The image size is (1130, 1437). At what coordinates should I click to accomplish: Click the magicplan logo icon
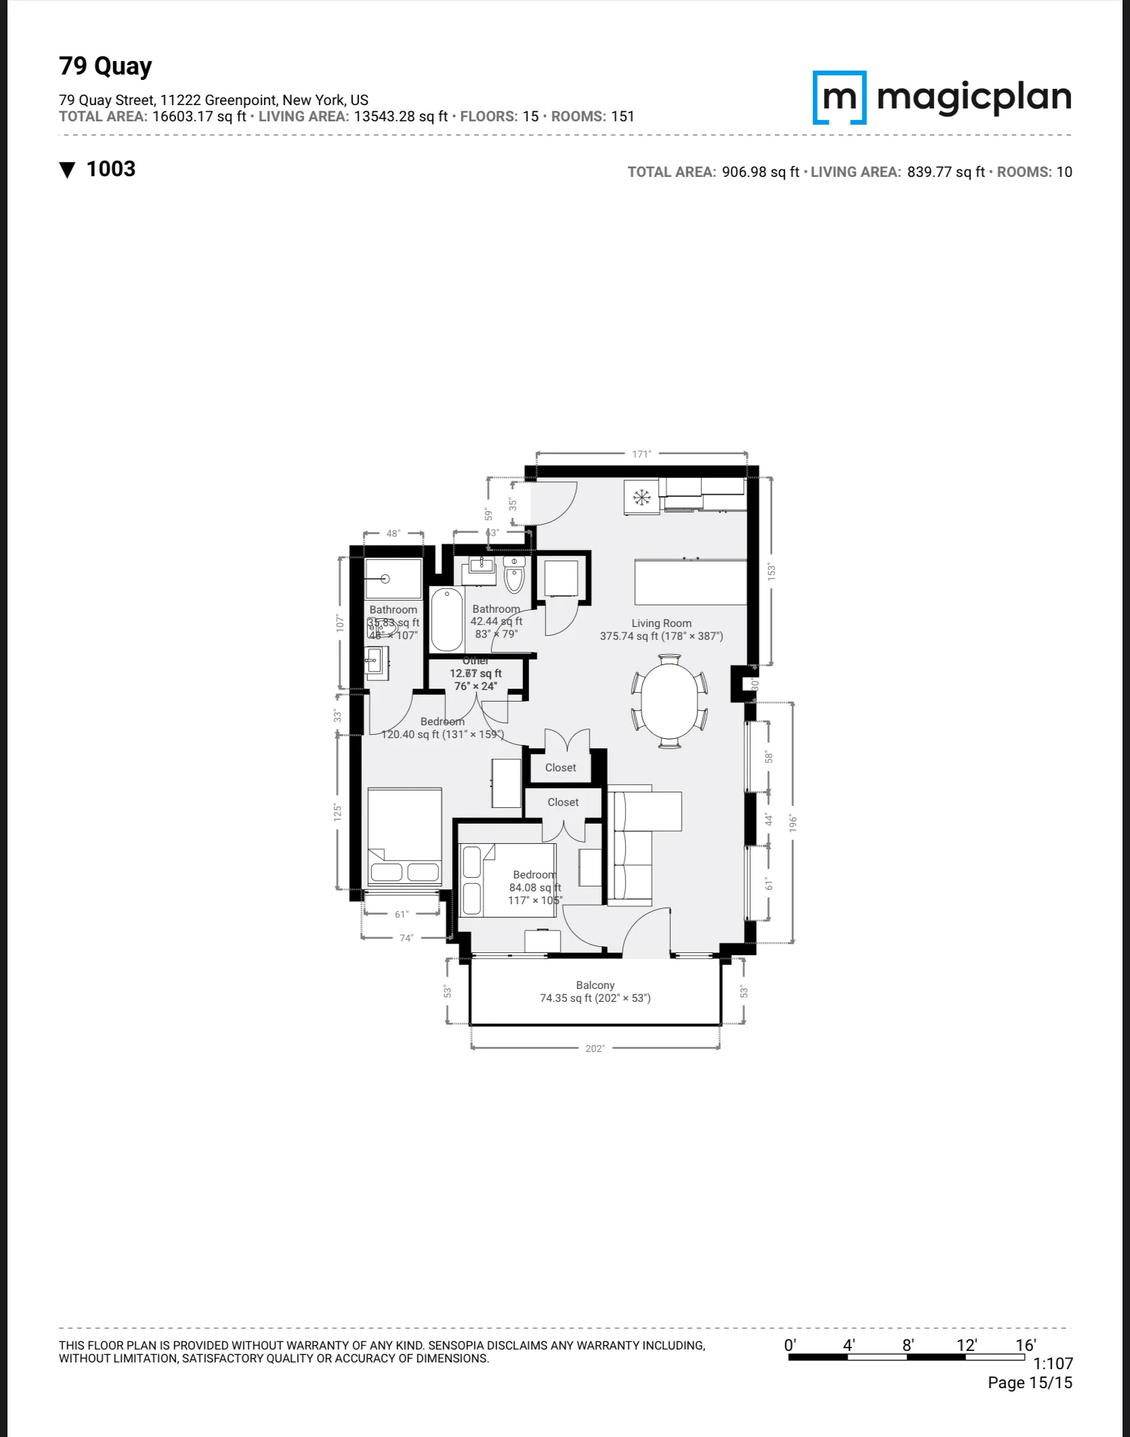click(839, 98)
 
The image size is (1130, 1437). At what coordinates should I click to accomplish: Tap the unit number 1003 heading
click(110, 169)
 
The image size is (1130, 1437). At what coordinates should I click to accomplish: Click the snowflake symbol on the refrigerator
click(641, 498)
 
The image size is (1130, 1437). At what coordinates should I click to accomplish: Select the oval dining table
click(669, 700)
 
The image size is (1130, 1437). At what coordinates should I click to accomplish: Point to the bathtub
click(446, 619)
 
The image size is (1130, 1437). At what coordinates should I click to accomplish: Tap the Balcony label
click(595, 985)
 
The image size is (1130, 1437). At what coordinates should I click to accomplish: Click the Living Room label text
click(661, 623)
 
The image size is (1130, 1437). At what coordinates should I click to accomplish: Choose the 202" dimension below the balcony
click(595, 1049)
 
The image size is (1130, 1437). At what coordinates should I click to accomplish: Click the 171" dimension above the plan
click(641, 454)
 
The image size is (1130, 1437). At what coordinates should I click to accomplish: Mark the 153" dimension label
click(770, 571)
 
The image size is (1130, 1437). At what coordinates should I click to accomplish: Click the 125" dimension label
click(337, 812)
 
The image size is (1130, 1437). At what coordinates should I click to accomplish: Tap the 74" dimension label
click(406, 938)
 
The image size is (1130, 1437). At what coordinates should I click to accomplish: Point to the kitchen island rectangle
click(690, 582)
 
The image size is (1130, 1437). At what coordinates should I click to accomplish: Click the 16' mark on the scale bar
click(1025, 1345)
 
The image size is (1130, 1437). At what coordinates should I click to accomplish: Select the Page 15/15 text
click(1029, 1382)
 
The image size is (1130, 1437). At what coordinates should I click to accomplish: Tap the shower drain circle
click(385, 578)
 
